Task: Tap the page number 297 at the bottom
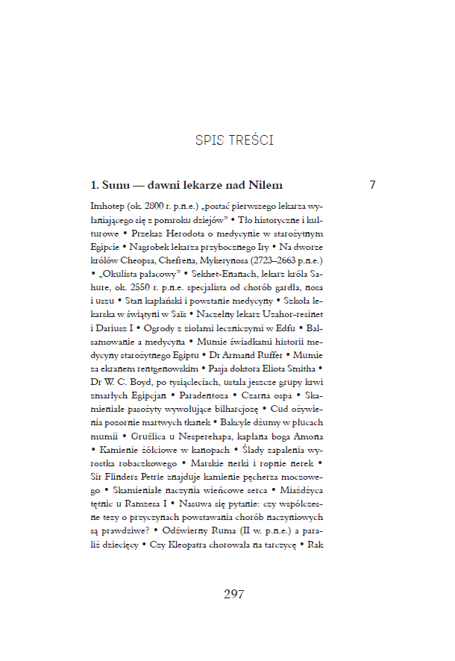click(234, 595)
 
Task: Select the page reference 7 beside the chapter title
click(372, 184)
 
